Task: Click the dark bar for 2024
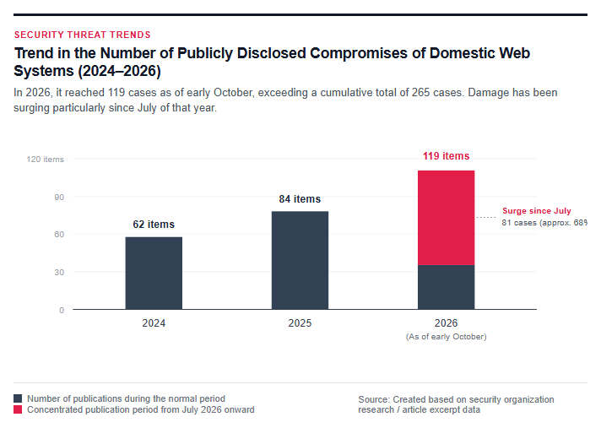point(154,274)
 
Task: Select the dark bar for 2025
point(300,260)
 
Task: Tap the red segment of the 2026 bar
point(447,218)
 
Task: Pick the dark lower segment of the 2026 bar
point(447,287)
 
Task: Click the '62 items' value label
point(154,225)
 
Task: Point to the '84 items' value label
point(300,199)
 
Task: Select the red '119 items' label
point(447,156)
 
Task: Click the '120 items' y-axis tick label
point(46,160)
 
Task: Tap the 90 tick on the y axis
point(59,198)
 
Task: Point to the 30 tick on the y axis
point(59,273)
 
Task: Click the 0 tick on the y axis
point(62,311)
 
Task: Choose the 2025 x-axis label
point(300,323)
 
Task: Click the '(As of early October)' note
point(447,337)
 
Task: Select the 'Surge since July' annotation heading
point(537,211)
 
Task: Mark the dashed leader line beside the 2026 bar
point(486,217)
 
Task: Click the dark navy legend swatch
point(18,398)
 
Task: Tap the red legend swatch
point(18,409)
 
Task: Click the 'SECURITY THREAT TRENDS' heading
point(83,35)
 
